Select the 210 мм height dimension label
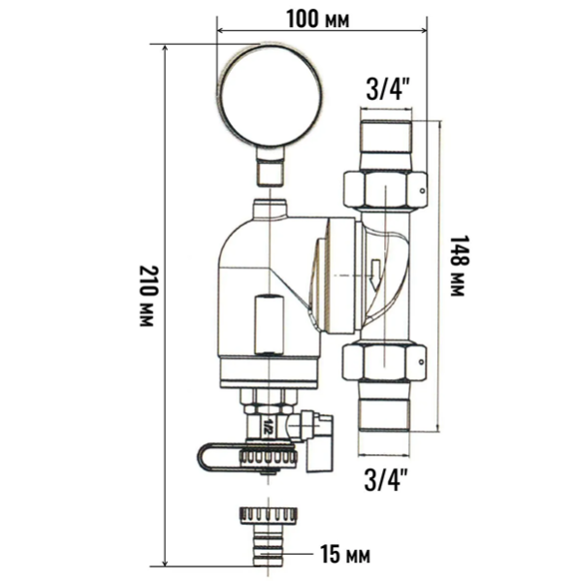[146, 297]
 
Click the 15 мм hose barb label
[345, 556]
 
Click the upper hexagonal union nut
[384, 190]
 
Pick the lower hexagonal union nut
[384, 363]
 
